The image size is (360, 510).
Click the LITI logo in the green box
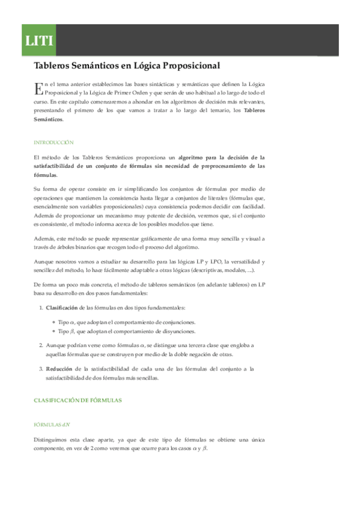[x=39, y=41]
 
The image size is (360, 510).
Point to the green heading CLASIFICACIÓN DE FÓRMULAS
[x=78, y=400]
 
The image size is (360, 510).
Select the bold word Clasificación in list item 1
[x=64, y=307]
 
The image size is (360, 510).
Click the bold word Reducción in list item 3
[x=59, y=369]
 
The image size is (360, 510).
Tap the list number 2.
[x=40, y=345]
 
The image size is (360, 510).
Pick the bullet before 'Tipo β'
[x=53, y=331]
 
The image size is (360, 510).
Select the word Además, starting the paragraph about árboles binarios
[x=45, y=239]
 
